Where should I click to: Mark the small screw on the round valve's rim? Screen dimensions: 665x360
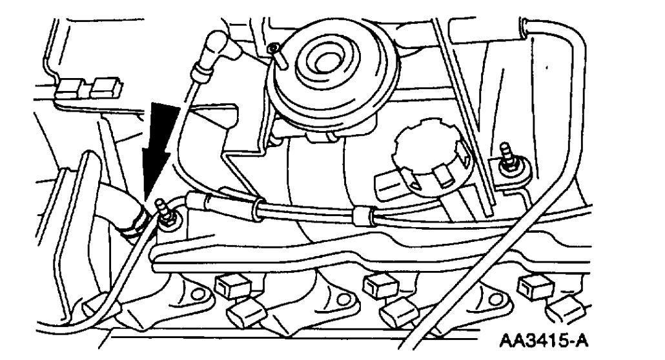(x=276, y=49)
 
